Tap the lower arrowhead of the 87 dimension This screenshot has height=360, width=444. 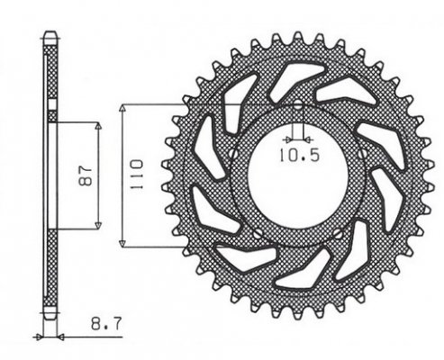(97, 226)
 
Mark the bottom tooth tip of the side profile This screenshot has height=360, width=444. (51, 317)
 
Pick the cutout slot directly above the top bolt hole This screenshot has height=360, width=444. (295, 75)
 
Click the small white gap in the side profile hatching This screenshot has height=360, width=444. (51, 118)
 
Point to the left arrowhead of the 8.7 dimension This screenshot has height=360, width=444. (39, 337)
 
